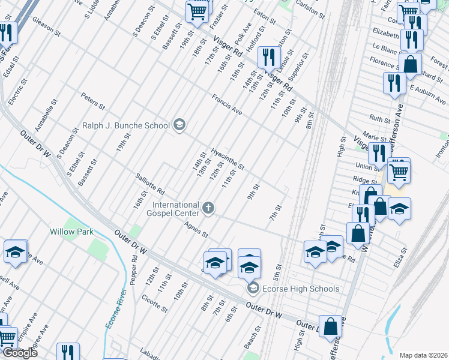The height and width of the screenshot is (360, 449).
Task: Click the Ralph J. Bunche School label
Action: pos(125,126)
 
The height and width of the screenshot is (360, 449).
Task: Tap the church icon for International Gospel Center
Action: pos(208,208)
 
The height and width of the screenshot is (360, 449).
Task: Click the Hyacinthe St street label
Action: pos(228,158)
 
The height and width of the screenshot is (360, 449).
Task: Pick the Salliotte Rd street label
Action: pos(150,183)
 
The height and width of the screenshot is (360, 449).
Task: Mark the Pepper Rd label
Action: pos(134,266)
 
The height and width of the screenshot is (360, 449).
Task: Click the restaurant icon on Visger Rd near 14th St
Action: pos(268,58)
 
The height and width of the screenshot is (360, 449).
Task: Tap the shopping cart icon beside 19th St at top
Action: pos(197,11)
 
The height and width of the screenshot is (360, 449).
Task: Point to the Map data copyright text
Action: pos(423,355)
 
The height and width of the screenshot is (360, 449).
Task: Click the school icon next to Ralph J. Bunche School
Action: pos(179,125)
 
